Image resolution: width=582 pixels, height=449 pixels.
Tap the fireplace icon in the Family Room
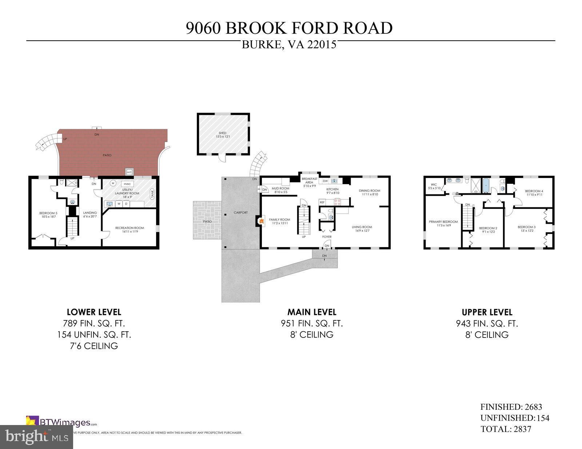tap(261, 221)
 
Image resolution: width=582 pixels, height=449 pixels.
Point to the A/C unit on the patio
tap(129, 172)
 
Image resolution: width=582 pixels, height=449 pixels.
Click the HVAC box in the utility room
tap(127, 184)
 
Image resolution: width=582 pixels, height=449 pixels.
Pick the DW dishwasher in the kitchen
tap(325, 181)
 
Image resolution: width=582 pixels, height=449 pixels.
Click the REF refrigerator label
tap(322, 202)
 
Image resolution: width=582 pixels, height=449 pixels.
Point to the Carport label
tap(240, 213)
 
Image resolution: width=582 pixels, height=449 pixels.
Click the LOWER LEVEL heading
tap(94, 312)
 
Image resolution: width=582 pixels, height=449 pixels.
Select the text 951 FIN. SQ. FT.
tap(312, 323)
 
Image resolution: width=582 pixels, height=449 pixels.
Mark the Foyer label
tap(327, 237)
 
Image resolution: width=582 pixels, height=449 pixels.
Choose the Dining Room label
tap(369, 192)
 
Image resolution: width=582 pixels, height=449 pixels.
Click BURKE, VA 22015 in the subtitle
tap(289, 44)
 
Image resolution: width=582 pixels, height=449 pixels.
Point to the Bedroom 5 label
tap(48, 215)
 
